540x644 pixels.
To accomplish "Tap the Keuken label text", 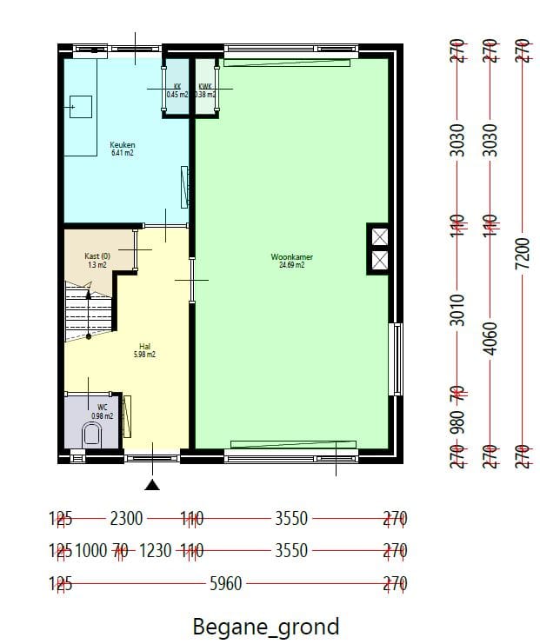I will [x=122, y=144].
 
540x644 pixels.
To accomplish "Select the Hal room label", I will [x=144, y=346].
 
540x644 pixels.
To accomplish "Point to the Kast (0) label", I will [x=97, y=256].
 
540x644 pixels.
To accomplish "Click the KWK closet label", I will [x=205, y=86].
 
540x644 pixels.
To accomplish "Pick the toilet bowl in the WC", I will [x=90, y=435].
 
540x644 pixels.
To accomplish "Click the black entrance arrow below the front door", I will [x=153, y=485].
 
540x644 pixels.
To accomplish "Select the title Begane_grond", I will [x=265, y=626].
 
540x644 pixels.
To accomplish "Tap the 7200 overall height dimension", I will [x=522, y=254].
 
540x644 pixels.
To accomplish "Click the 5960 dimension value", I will [x=226, y=584].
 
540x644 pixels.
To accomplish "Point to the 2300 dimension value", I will [x=126, y=519].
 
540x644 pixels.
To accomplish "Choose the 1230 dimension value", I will [x=157, y=551].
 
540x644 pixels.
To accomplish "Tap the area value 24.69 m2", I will [x=291, y=266].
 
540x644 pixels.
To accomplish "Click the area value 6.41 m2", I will [x=122, y=153].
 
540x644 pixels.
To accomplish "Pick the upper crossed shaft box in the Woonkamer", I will [x=379, y=237].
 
